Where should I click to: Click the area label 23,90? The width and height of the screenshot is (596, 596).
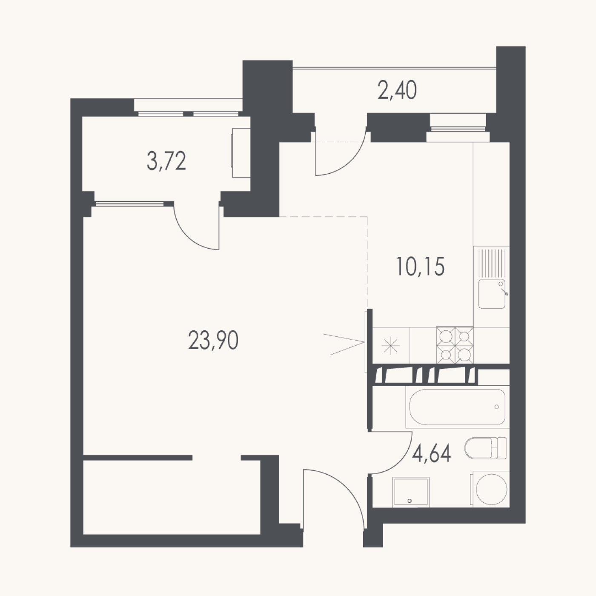pos(213,340)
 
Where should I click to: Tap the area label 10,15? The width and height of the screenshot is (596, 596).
pos(420,267)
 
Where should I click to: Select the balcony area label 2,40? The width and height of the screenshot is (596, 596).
pos(397,90)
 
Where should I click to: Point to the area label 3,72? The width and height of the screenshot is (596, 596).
pos(166,161)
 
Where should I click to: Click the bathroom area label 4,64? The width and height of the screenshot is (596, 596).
pos(431,454)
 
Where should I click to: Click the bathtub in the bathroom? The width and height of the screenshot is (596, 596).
pos(457,407)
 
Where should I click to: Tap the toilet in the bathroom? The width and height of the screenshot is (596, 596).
pos(486,448)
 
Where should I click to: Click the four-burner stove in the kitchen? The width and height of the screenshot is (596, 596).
pos(455,345)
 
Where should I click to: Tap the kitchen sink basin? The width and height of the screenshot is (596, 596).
pos(492,294)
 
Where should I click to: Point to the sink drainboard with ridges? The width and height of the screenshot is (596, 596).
pos(492,263)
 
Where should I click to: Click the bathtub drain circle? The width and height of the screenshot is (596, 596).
pos(496,407)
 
